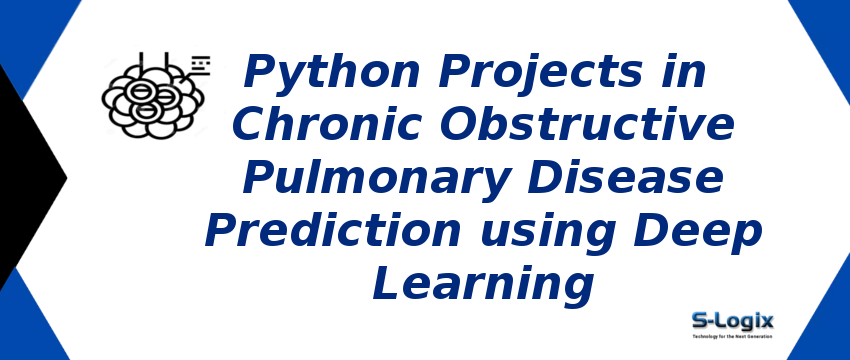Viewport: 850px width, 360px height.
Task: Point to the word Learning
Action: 483,286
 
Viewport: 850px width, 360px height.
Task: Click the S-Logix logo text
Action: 733,320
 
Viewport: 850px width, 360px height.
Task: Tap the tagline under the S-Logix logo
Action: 733,336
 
